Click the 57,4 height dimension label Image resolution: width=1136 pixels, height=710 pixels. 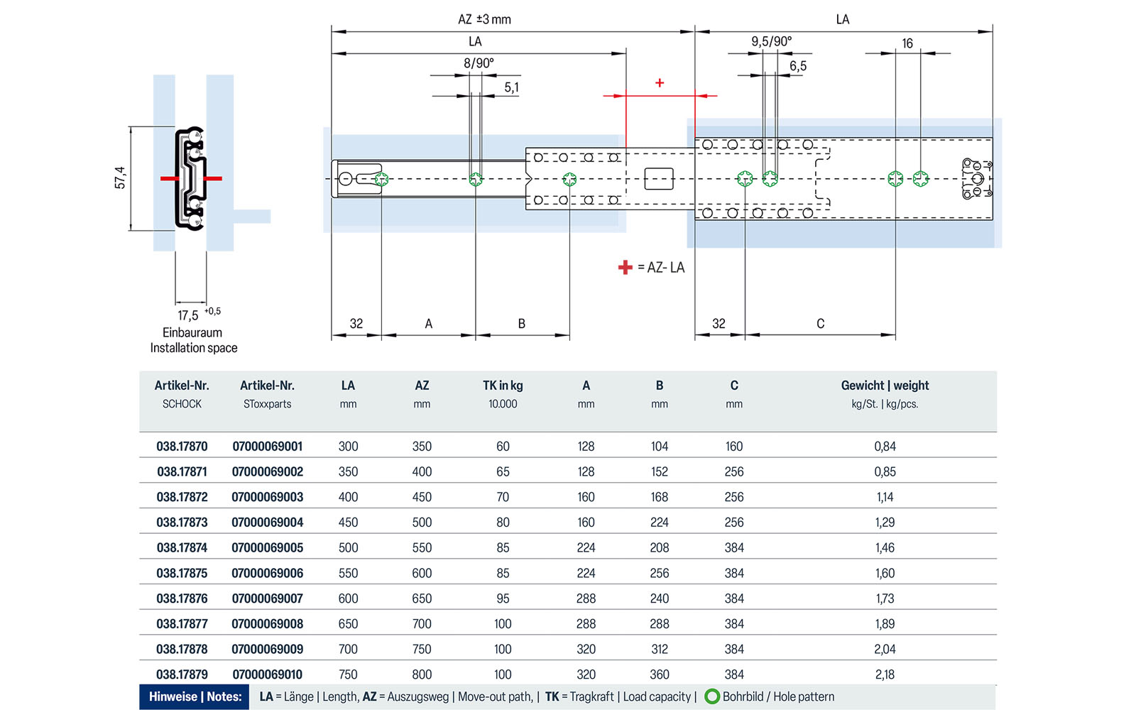click(120, 177)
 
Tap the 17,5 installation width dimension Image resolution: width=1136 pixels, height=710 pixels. click(188, 315)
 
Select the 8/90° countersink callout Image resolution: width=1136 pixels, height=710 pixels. click(479, 63)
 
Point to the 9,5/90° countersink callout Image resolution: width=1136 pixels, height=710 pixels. click(771, 41)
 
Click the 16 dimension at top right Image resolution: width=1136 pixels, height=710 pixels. click(907, 43)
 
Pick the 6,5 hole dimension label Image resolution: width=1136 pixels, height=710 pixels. click(798, 66)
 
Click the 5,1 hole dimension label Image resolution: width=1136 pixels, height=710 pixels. click(511, 87)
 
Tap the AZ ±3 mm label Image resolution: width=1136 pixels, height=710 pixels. click(484, 19)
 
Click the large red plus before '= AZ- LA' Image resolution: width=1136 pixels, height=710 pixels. click(625, 268)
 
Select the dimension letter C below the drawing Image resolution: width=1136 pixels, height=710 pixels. click(820, 324)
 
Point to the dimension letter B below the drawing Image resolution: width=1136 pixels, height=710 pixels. click(521, 324)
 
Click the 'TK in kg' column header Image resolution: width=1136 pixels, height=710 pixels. click(503, 386)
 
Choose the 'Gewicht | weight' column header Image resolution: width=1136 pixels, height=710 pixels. click(885, 386)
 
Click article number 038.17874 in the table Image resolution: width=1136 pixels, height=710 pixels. click(182, 547)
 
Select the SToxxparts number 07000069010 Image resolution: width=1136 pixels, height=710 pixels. click(268, 674)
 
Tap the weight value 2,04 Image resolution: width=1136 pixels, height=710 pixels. click(885, 649)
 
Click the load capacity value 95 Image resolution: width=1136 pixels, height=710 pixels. click(503, 599)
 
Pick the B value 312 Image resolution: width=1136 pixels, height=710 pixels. click(659, 649)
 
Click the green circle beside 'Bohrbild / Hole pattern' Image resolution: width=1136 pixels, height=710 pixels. click(711, 697)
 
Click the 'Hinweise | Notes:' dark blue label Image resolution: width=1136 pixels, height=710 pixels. click(195, 697)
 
